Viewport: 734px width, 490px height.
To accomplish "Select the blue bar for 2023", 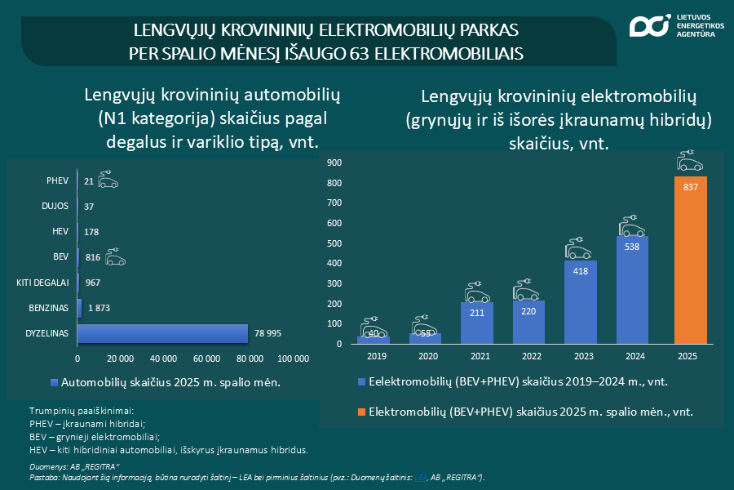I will pos(581,301).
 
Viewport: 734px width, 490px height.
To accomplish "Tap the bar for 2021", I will pos(476,323).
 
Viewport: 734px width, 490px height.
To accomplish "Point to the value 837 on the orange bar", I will pos(690,187).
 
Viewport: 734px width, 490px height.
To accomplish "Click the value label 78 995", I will pos(271,333).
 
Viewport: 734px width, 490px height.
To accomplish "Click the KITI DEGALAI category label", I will pos(42,283).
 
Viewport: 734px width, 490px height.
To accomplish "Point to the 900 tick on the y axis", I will pos(333,163).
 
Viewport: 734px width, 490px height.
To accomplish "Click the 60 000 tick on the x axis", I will pos(208,359).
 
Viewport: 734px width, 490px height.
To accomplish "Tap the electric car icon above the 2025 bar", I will pos(690,161).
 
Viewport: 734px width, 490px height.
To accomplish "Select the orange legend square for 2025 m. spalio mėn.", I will pos(362,412).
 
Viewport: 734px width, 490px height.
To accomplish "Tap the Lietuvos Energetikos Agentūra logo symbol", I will pos(648,26).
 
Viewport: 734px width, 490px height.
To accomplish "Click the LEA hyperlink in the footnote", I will pos(420,477).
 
